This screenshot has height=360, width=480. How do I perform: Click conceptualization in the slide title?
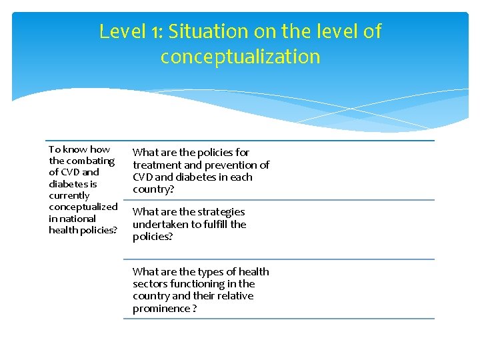point(240,57)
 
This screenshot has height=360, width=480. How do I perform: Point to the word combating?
point(90,161)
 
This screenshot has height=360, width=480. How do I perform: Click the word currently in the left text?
point(69,195)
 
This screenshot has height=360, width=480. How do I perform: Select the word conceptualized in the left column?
point(83,207)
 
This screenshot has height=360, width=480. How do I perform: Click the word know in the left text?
point(76,149)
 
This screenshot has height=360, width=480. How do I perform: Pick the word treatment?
point(157,165)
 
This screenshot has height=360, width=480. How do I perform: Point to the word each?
point(241,177)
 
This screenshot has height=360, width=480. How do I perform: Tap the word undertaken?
point(160,224)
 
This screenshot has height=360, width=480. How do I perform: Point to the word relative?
point(233,296)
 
